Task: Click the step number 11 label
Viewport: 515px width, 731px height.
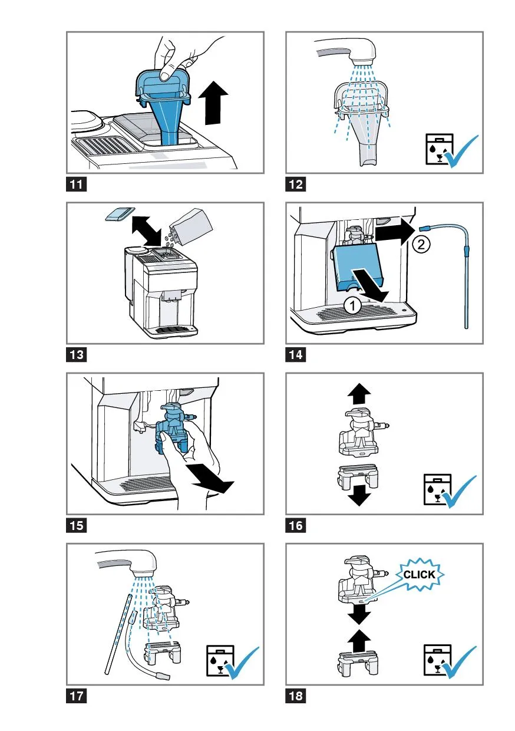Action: point(77,184)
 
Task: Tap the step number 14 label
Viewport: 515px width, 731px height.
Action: point(296,354)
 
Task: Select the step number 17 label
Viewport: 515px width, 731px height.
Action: point(77,696)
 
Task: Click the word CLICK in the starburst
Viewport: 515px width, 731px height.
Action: point(419,574)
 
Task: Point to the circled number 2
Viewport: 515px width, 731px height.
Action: point(421,244)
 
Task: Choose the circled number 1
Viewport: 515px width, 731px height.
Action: point(352,306)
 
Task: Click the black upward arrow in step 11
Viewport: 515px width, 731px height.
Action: point(214,103)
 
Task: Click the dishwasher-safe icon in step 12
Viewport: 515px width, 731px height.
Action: point(439,149)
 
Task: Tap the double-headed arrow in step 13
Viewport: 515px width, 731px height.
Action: point(147,231)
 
